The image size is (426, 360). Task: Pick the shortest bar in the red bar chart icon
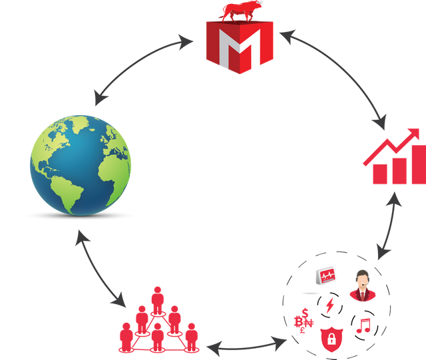pos(379,174)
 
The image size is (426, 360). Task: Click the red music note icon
pos(363,325)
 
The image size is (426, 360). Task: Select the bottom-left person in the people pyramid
pos(125,335)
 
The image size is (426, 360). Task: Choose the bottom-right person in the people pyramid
pos(191,335)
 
